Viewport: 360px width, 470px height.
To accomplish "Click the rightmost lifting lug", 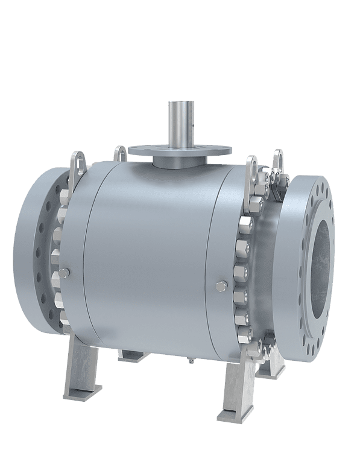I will tap(279, 165).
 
